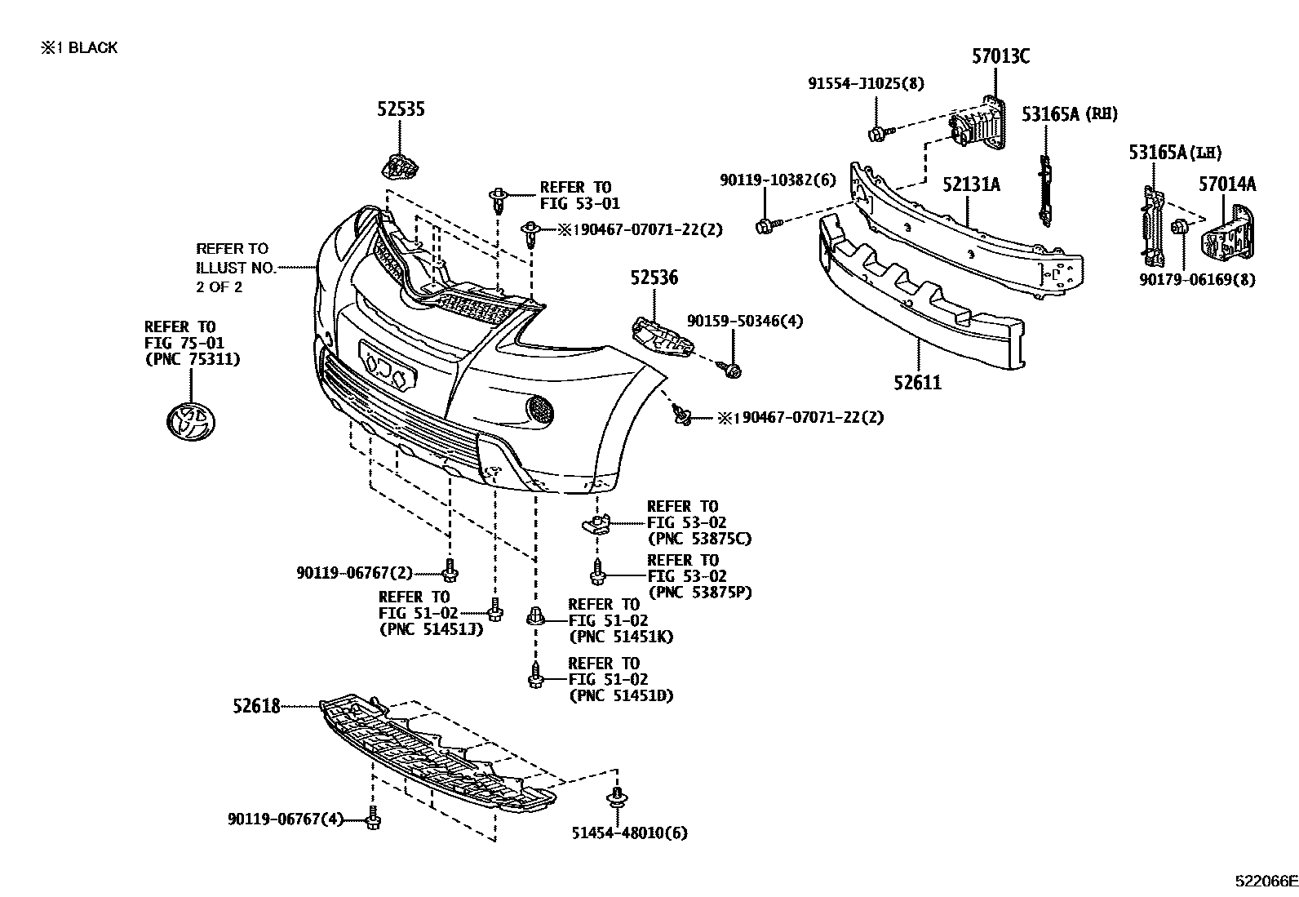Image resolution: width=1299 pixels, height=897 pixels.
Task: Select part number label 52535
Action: click(x=401, y=109)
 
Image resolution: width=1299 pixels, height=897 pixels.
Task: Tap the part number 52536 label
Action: click(x=654, y=278)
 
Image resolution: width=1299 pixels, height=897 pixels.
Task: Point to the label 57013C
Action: click(x=1000, y=56)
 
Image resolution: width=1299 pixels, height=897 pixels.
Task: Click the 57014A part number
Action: click(x=1227, y=184)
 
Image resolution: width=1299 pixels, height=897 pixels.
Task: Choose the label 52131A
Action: click(x=971, y=184)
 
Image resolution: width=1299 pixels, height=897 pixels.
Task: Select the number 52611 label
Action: click(x=918, y=381)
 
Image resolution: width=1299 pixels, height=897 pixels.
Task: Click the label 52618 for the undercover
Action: click(x=255, y=706)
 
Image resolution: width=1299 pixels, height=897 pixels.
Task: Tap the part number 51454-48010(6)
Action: click(x=629, y=833)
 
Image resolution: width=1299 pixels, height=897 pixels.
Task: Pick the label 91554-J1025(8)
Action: click(x=855, y=83)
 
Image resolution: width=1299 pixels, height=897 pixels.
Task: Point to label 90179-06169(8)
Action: click(x=1198, y=280)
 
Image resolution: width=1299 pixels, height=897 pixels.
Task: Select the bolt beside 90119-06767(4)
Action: click(x=373, y=818)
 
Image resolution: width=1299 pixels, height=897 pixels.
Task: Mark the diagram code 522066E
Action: click(x=1265, y=881)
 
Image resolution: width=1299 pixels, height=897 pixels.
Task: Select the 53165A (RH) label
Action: click(x=1070, y=114)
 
